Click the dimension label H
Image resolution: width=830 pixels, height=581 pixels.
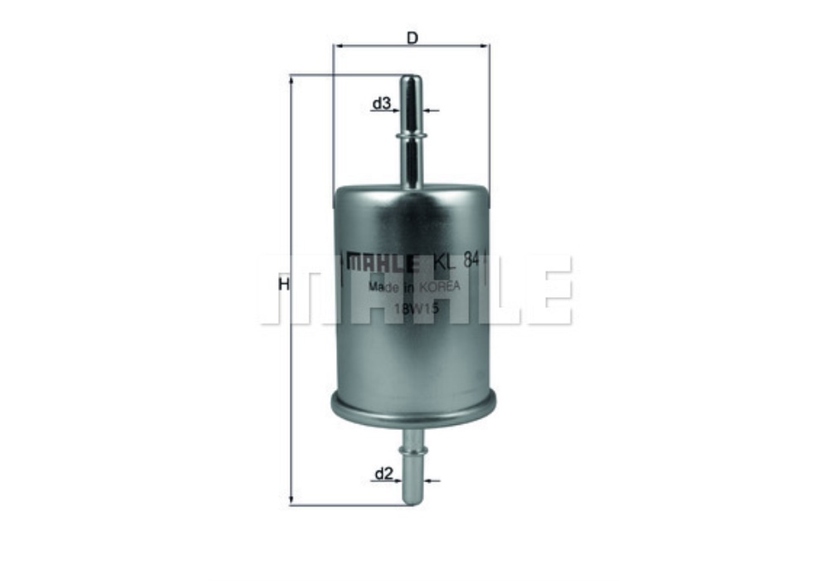pyautogui.click(x=284, y=285)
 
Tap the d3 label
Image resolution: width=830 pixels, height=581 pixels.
pyautogui.click(x=381, y=104)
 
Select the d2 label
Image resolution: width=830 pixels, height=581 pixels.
pyautogui.click(x=383, y=474)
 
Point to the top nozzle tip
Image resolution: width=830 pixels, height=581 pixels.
pyautogui.click(x=411, y=80)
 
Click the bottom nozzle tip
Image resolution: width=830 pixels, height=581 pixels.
pyautogui.click(x=412, y=500)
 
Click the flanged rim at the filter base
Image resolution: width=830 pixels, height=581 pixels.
pyautogui.click(x=413, y=407)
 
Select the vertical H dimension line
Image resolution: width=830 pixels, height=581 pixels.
pyautogui.click(x=291, y=207)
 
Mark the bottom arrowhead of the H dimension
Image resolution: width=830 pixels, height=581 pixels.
pyautogui.click(x=291, y=500)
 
